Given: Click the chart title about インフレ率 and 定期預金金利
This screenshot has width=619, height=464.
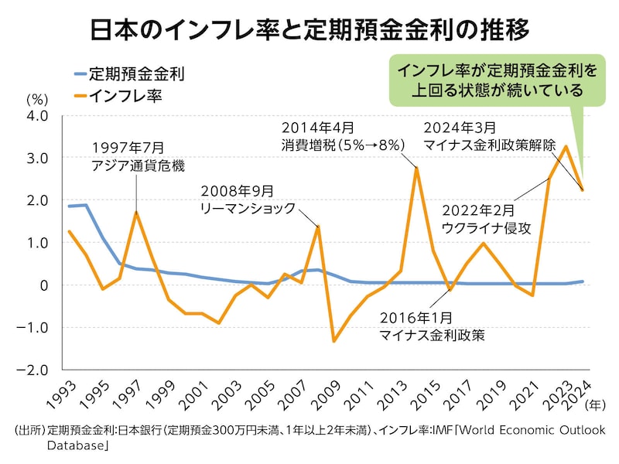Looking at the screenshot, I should tap(309, 30).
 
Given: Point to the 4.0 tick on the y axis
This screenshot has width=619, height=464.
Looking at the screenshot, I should tap(37, 116).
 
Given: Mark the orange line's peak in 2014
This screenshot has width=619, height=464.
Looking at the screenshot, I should tap(417, 169).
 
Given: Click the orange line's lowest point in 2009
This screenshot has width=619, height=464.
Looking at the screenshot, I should tap(334, 341).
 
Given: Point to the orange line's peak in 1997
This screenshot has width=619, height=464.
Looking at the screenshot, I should tap(136, 213).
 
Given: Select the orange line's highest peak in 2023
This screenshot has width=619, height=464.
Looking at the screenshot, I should tap(566, 146).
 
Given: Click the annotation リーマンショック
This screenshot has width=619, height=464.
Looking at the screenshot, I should tap(248, 207).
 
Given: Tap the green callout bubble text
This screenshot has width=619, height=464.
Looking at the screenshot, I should tap(498, 80).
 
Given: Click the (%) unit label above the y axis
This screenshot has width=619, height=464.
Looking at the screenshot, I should tap(37, 100).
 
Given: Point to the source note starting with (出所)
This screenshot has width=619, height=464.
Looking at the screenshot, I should tap(309, 437).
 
